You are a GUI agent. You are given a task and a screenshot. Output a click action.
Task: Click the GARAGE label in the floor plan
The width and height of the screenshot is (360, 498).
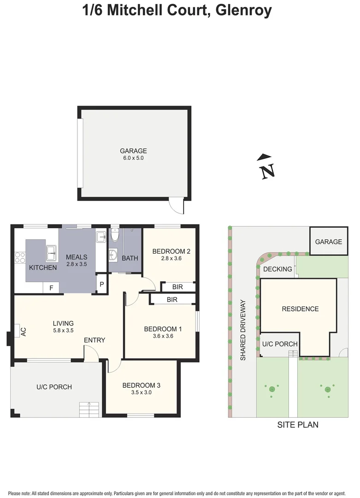[x=133, y=151]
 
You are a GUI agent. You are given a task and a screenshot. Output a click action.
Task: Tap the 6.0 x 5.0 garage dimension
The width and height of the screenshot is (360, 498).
[x=133, y=158]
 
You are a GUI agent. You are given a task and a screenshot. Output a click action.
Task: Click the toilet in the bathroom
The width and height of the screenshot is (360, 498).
[x=115, y=236]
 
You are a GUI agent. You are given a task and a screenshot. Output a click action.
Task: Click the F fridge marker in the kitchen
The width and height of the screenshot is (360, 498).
[x=51, y=288]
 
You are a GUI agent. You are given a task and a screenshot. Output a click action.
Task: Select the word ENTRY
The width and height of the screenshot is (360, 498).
[x=94, y=340]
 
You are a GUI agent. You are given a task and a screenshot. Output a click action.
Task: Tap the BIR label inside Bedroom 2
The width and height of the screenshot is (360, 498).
[x=177, y=287]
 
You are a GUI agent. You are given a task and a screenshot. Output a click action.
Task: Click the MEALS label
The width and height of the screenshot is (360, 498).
[x=77, y=257]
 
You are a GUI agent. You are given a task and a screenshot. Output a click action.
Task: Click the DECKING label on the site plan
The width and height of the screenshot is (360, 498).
[x=277, y=269]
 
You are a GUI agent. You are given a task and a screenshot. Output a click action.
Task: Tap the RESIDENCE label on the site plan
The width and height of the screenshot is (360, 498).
[x=300, y=309]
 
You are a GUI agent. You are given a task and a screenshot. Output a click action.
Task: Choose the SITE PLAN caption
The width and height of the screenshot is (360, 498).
[x=297, y=425]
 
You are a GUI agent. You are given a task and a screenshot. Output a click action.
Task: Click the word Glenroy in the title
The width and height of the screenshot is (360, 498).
[x=240, y=11]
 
